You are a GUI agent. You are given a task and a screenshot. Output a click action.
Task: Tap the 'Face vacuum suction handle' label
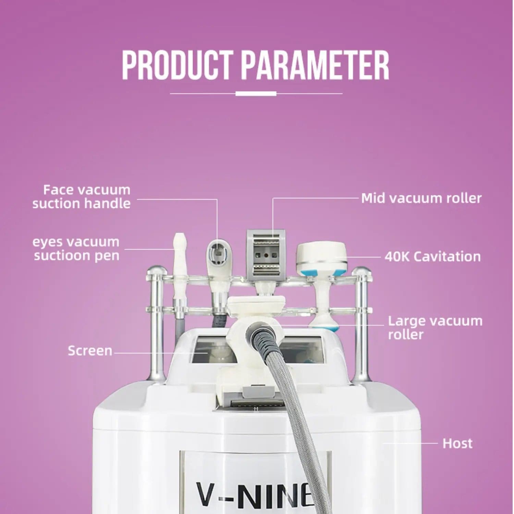(82, 196)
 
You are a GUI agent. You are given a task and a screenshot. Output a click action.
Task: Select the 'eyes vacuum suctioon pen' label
(76, 248)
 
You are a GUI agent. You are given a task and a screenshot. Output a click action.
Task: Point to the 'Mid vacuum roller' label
(421, 198)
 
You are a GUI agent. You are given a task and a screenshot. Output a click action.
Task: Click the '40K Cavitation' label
(433, 256)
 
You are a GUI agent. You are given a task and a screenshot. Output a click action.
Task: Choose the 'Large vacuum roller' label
(435, 327)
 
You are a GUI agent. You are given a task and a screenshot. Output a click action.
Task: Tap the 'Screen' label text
(90, 351)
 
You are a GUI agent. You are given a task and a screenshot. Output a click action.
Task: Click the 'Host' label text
(457, 443)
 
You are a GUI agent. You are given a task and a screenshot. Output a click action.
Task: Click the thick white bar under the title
(256, 94)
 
